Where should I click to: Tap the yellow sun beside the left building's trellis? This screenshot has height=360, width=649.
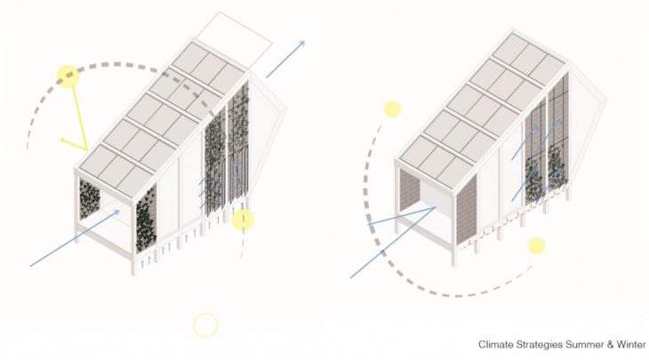coord(243,220)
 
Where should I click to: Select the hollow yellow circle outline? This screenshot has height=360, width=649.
coord(205,325)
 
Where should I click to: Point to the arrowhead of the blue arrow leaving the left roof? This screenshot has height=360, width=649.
coord(302,44)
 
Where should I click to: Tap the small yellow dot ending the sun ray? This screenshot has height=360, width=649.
coord(61,140)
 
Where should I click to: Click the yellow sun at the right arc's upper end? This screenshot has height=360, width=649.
coord(392,109)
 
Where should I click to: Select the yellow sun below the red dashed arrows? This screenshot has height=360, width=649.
coord(535,246)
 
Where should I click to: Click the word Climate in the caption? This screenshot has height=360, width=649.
coord(496,344)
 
